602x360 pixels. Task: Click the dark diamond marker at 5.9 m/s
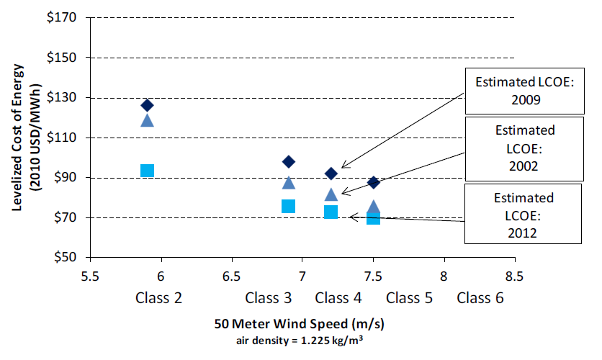point(147,105)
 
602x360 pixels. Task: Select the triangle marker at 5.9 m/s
point(147,120)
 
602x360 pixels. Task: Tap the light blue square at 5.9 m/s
point(147,171)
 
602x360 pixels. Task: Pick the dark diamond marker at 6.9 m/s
point(289,161)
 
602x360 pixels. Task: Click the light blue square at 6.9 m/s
point(289,207)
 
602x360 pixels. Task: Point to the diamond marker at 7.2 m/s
point(331,174)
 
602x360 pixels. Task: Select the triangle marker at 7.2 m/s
point(331,194)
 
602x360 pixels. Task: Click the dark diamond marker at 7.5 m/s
point(374,182)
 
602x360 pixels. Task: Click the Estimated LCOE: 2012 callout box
point(524,215)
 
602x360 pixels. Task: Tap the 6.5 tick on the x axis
point(232,275)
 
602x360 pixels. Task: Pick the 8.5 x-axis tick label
point(514,275)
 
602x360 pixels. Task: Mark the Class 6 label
point(480,297)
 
